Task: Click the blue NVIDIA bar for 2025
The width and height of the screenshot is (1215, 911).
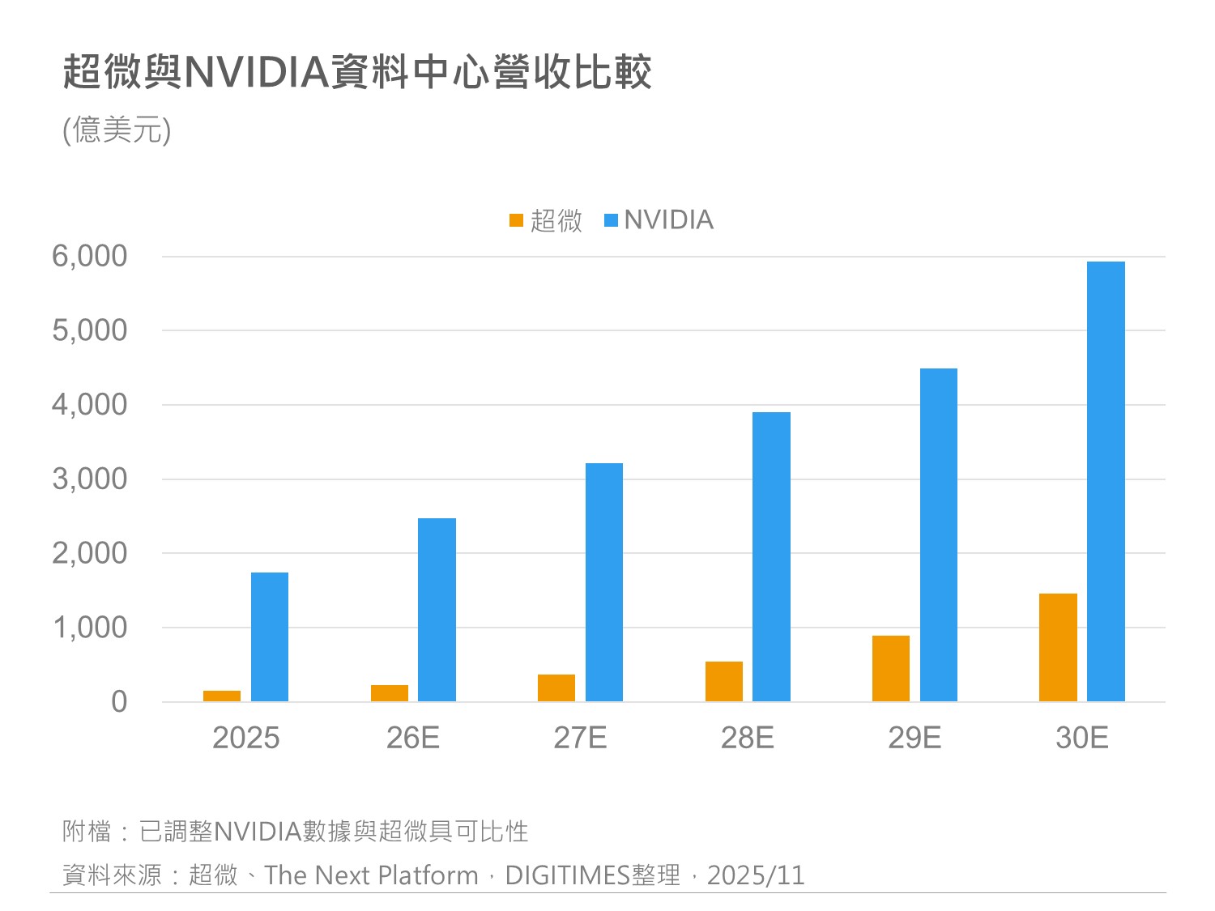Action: point(270,637)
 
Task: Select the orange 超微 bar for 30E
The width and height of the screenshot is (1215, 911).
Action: point(1058,648)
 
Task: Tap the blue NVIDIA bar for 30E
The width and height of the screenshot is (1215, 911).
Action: point(1106,482)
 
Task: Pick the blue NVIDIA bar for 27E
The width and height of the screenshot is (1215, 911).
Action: point(604,582)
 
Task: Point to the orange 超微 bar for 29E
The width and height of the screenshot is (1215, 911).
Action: point(891,669)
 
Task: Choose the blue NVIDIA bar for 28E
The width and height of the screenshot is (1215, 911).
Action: point(771,557)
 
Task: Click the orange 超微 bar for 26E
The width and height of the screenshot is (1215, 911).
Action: point(390,693)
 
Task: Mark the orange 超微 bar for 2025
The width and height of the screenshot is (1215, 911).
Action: point(222,696)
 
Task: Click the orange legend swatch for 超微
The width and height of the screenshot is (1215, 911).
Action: point(517,220)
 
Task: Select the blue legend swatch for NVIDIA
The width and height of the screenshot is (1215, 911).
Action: point(612,220)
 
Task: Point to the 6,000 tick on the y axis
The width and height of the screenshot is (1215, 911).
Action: point(90,257)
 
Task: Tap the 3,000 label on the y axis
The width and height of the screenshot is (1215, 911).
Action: point(90,479)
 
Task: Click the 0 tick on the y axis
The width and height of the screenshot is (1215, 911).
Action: point(119,702)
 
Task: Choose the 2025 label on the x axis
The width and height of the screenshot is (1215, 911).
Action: point(245,738)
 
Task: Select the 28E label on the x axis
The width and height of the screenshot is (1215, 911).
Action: point(748,738)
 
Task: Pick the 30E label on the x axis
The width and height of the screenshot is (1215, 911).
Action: point(1082,738)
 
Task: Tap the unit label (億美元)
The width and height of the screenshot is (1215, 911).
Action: point(117,130)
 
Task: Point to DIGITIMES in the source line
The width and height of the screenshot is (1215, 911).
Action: point(567,875)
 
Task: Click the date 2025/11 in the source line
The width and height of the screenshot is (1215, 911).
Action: point(756,875)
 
